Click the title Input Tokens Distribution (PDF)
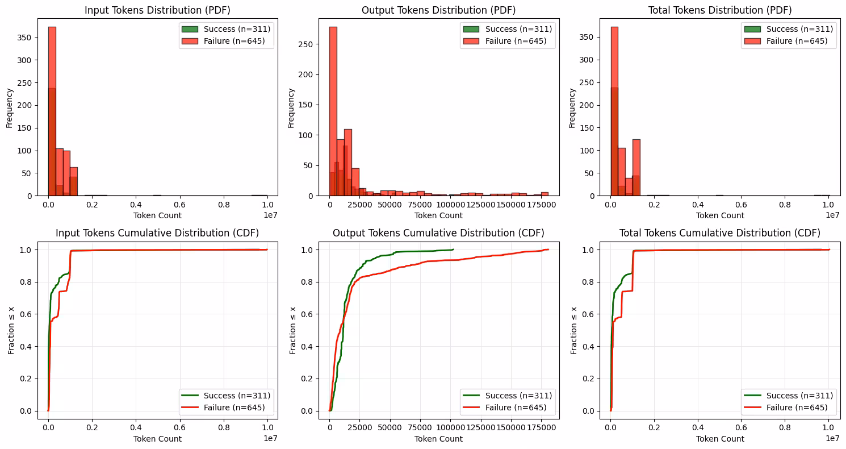pos(157,10)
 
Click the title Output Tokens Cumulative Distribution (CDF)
pos(438,233)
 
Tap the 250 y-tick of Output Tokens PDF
pos(307,44)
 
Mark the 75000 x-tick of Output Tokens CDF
pos(421,428)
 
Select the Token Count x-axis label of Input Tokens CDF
pos(157,439)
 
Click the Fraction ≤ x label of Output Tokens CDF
pos(293,330)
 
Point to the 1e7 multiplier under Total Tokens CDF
pos(832,438)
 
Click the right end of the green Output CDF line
pos(453,250)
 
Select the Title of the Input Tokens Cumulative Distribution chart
pos(157,233)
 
